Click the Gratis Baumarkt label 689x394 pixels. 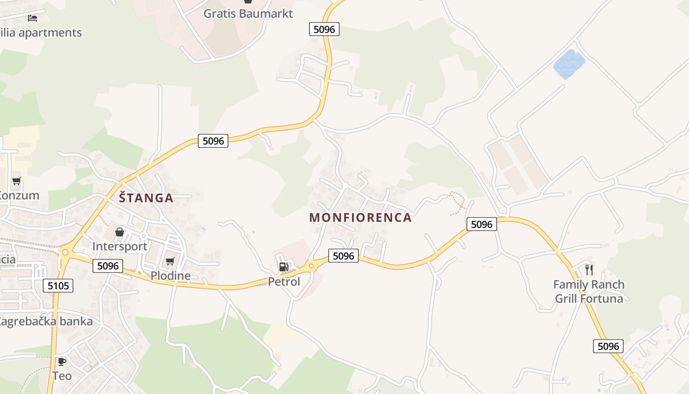pos(248,14)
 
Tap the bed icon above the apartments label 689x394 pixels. pos(32,18)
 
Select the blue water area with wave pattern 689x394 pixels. pos(569,64)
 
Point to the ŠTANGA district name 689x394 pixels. pos(146,198)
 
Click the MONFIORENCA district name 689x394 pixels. pos(360,218)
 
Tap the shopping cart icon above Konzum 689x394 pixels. pos(17,181)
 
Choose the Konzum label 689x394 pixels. pos(19,196)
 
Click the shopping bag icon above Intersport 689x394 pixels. pos(120,232)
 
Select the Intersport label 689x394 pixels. pos(120,246)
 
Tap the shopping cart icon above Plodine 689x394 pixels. pos(170,261)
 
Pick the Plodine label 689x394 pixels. pos(170,275)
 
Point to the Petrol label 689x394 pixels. pos(284,282)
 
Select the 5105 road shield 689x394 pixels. pos(58,286)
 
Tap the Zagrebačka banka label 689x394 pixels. pos(45,322)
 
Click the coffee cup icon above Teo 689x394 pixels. pos(62,362)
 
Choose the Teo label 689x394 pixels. pos(62,376)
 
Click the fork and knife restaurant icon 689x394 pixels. pos(589,270)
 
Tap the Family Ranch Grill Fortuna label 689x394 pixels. pos(589,292)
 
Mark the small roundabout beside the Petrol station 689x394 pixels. pos(311,266)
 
